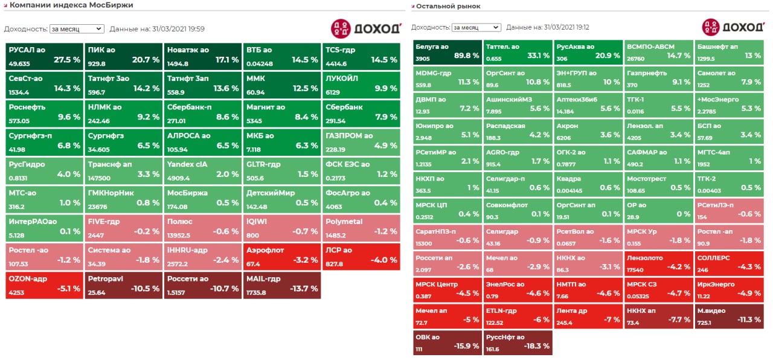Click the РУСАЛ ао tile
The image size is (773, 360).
[45, 56]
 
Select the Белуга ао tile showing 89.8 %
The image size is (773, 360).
[447, 53]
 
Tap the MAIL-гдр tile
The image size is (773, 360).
[281, 284]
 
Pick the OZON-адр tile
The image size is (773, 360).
[45, 284]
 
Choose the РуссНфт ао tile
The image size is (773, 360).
[518, 342]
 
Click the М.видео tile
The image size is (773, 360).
[728, 316]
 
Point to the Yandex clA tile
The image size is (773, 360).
[202, 170]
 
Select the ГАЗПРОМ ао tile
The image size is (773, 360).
[361, 141]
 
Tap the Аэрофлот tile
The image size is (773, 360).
[281, 255]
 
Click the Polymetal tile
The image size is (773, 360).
[361, 227]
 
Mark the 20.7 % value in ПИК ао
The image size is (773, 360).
[146, 60]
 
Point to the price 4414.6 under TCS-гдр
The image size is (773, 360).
[336, 64]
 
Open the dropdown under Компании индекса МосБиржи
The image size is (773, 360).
[77, 28]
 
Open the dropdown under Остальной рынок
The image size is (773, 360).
[476, 27]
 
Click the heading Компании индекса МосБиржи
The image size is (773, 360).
[71, 5]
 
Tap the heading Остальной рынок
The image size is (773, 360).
[447, 6]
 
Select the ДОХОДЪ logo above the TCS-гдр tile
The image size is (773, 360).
[366, 28]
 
